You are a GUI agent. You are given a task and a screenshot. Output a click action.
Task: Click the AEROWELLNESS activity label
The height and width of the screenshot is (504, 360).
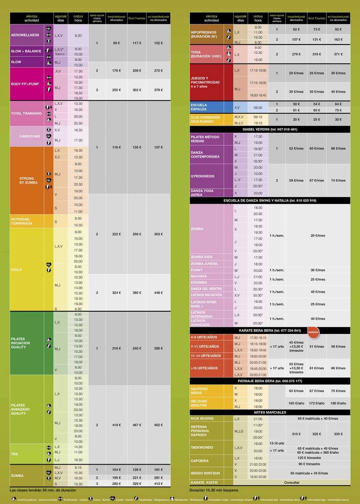tap(25, 35)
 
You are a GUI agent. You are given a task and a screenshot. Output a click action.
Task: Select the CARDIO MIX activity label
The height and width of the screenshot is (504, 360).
tap(29, 136)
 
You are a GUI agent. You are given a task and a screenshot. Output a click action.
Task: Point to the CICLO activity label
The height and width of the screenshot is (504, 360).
tap(16, 270)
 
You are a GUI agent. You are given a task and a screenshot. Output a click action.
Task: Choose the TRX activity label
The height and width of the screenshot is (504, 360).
tap(14, 454)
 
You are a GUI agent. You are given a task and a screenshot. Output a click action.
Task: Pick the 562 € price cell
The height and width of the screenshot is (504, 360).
tap(158, 425)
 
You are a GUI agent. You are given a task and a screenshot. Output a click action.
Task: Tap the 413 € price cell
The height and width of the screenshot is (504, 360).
tap(158, 484)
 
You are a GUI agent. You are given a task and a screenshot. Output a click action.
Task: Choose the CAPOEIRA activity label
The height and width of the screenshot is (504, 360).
tap(200, 461)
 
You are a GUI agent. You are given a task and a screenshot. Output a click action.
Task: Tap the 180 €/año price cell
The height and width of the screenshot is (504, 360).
tap(338, 403)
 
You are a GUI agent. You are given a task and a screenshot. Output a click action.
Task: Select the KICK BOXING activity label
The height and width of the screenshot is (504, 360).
tap(202, 419)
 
